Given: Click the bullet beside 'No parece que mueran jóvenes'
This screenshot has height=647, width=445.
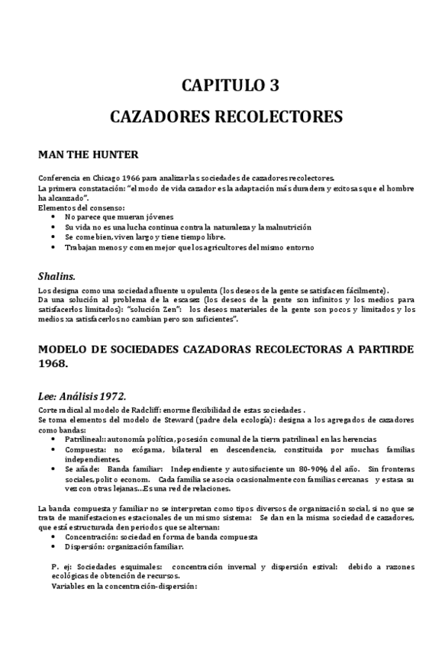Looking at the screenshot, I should click(53, 217).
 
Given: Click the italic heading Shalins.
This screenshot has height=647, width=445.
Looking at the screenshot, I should click(56, 275).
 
